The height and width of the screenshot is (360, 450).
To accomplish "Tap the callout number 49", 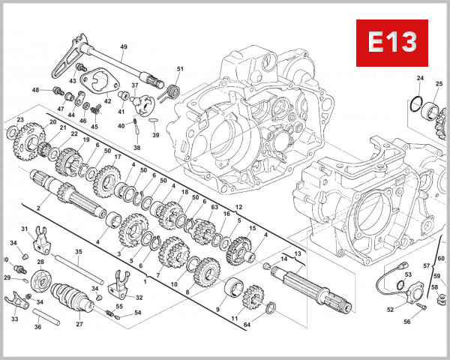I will click(124, 47).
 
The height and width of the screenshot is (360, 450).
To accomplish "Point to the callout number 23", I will click(20, 120).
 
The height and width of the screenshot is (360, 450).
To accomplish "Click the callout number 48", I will click(35, 90).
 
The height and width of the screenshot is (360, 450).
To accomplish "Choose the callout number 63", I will click(214, 207).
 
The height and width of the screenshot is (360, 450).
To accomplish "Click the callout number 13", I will click(297, 253).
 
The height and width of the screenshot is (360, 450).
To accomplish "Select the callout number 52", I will click(390, 310).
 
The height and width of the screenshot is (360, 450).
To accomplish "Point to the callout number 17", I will click(117, 157).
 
